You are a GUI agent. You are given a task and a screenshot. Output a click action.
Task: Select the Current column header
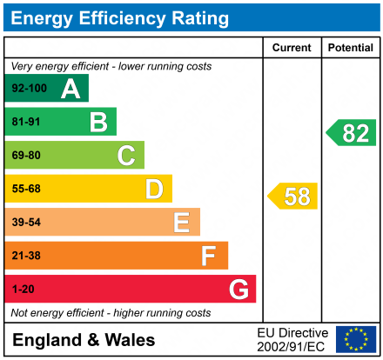tap(292, 48)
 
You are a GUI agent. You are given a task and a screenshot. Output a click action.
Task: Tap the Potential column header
tap(350, 48)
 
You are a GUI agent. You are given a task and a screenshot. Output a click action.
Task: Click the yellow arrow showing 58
tap(293, 197)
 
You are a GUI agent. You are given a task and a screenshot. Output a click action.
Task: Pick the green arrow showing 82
tap(352, 133)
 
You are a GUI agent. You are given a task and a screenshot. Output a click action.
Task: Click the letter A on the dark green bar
tap(71, 89)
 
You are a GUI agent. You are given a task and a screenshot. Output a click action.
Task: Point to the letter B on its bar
tap(98, 122)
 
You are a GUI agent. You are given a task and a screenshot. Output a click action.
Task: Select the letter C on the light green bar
tap(126, 156)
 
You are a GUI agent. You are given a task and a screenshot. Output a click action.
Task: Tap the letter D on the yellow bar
tap(154, 189)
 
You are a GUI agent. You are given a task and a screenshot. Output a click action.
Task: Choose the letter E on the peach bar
tap(181, 223)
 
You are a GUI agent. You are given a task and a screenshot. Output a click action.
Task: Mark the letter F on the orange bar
tap(209, 256)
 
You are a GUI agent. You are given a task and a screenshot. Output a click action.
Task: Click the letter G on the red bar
tap(238, 289)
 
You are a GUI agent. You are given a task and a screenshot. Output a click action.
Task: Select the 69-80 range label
tap(26, 156)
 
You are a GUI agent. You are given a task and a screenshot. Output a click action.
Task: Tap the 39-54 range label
tap(26, 223)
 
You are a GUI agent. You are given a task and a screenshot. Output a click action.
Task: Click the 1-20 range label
tap(23, 289)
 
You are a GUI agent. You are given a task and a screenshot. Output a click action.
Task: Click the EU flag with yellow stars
tap(356, 339)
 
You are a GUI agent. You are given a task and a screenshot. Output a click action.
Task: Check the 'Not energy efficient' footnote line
tap(111, 312)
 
